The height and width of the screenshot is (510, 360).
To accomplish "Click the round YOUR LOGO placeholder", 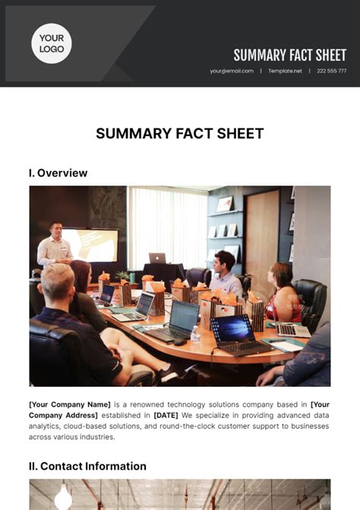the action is [51, 43].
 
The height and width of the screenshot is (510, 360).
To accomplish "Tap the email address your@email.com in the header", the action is [232, 71].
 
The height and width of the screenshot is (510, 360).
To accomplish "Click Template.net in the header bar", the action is [285, 71].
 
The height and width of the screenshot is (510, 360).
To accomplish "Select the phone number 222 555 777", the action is [332, 71].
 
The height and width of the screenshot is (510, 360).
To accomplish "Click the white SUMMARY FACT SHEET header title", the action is [289, 55].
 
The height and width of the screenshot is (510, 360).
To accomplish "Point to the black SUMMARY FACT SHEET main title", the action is [180, 134].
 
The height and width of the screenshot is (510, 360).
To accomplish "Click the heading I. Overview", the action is [58, 173].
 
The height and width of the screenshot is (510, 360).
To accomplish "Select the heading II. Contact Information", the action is [87, 466].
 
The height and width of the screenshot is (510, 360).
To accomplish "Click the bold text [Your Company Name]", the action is [70, 404].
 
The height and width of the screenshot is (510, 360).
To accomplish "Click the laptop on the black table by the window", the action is [157, 258].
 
